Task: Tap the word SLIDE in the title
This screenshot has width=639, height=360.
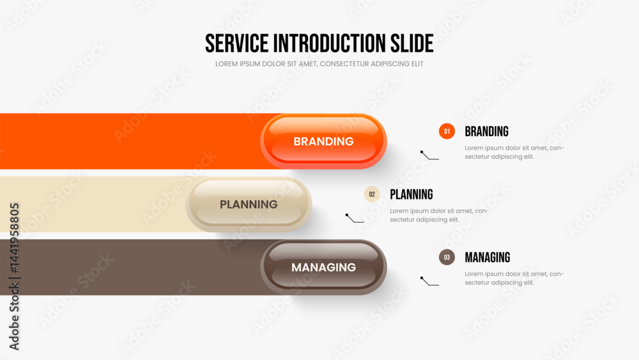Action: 412,43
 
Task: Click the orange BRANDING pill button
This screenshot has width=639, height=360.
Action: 323,141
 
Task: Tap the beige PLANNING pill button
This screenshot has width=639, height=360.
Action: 249,204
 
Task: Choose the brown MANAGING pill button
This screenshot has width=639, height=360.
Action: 323,267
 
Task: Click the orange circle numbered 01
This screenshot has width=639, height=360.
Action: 447,131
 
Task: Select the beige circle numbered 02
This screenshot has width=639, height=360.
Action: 372,194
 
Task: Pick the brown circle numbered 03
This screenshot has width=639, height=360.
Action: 447,257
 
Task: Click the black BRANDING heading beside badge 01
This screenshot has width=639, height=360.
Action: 486,131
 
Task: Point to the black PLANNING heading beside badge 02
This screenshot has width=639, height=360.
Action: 411,194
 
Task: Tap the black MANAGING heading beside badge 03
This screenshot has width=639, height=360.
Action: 488,257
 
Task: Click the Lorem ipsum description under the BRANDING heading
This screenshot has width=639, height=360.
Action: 514,152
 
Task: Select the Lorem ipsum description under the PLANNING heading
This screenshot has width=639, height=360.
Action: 440,215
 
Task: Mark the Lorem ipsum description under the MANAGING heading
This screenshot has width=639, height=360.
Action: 514,278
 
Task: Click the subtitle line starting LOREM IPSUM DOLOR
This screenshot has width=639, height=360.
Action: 319,64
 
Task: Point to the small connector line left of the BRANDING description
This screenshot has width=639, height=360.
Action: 429,157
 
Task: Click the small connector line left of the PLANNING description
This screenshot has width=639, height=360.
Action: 354,219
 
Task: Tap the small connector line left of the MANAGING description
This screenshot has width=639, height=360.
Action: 429,283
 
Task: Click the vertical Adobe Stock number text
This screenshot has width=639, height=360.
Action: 14,276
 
